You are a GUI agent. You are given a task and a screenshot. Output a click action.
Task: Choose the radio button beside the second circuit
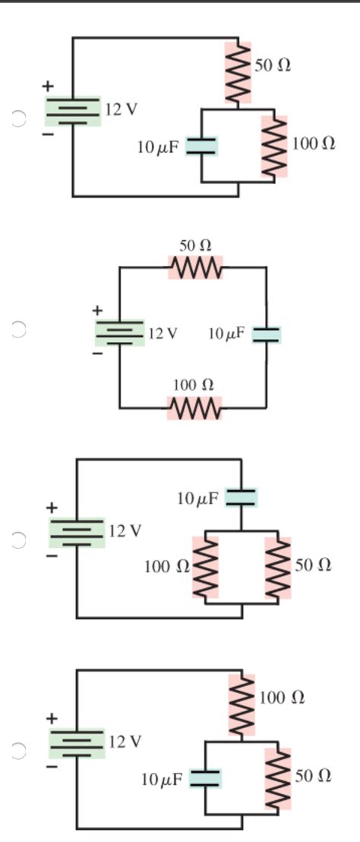19,329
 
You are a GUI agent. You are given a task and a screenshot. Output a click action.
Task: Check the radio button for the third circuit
19,540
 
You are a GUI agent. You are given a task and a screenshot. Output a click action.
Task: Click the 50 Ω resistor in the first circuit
238,73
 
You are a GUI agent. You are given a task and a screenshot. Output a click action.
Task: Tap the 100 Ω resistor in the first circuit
274,147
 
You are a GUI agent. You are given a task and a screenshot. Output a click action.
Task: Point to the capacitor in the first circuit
202,146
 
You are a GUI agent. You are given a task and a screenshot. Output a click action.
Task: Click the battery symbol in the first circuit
73,111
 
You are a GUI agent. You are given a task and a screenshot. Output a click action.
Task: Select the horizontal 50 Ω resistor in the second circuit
195,267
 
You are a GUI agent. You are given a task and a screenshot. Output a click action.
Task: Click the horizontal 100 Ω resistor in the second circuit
195,408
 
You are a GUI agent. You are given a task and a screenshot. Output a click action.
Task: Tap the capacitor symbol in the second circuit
266,334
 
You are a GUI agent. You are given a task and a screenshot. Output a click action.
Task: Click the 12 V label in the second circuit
163,334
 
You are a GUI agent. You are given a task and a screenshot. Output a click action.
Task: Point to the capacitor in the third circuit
242,498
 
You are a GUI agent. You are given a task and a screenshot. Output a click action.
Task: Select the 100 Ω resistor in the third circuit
205,567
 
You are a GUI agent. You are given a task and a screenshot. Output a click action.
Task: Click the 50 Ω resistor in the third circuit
278,568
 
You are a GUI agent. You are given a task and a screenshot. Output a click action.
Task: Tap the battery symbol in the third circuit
77,532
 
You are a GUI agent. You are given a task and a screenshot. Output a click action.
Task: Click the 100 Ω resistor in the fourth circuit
242,704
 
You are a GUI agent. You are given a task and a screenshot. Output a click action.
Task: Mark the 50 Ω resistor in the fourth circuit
278,778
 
